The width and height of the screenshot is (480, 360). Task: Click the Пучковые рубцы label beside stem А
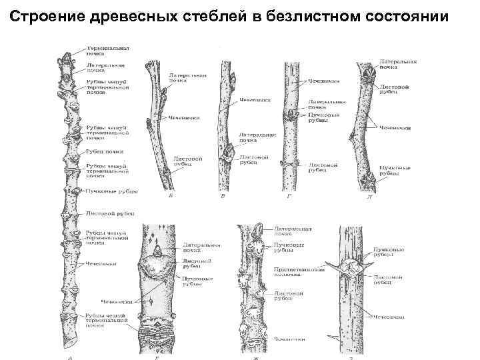[x=112, y=191]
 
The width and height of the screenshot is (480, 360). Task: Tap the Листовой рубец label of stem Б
[x=185, y=157]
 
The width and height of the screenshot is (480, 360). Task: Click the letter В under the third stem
[x=223, y=197]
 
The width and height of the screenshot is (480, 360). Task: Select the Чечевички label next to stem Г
[x=324, y=81]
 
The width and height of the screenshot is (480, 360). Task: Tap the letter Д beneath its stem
[x=368, y=197]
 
